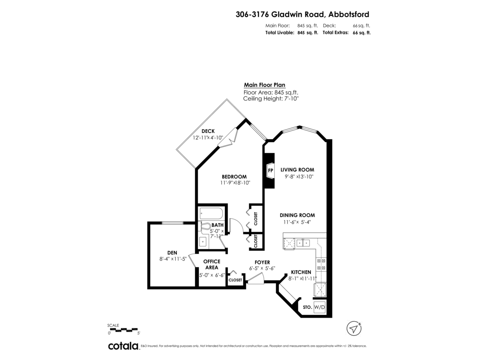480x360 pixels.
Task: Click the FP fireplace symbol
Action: click(x=270, y=170)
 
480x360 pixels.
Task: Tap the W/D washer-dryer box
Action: click(x=320, y=307)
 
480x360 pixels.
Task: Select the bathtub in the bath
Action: click(x=211, y=213)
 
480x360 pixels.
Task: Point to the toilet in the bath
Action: click(x=204, y=226)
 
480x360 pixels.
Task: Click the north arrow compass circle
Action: click(x=354, y=328)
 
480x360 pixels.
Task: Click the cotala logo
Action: click(x=124, y=346)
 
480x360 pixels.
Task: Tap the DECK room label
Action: click(x=208, y=131)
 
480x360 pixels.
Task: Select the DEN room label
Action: click(x=172, y=253)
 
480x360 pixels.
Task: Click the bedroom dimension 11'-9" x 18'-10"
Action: click(x=235, y=183)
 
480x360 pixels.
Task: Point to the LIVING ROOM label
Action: click(x=297, y=170)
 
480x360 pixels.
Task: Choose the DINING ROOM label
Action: click(x=297, y=215)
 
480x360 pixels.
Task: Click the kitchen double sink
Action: click(x=303, y=243)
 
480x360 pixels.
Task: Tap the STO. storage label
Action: click(x=307, y=307)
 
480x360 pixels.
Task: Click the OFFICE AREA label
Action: click(x=212, y=264)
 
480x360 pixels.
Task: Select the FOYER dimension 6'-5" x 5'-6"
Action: click(x=262, y=268)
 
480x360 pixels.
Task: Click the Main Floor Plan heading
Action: click(x=265, y=85)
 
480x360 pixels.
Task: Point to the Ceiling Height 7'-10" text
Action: click(x=271, y=98)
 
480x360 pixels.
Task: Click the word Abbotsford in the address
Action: click(x=348, y=14)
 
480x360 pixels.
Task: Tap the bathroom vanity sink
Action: click(x=203, y=242)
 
